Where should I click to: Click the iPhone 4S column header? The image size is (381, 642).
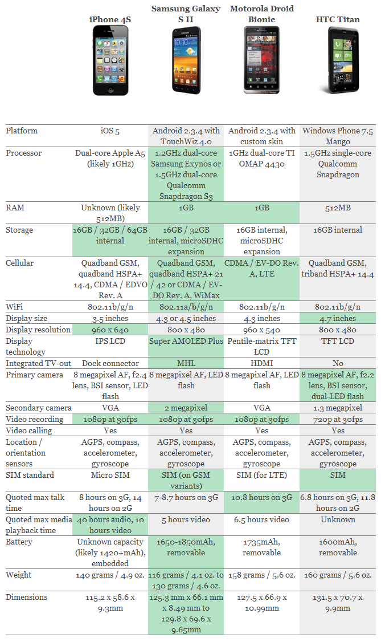coord(110,19)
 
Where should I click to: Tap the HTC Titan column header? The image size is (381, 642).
coord(338,19)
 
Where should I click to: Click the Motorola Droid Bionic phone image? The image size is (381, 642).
coord(261,60)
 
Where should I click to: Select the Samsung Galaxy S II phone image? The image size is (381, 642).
coord(186,60)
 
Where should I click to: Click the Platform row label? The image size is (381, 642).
coord(22,131)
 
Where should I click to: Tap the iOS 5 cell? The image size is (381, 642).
coord(110,131)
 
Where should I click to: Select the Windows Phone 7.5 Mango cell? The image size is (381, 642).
coord(338,136)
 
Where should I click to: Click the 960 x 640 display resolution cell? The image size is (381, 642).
coord(110,330)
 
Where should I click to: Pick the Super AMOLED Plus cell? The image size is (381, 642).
coord(186,341)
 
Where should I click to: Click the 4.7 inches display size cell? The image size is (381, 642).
coord(338,319)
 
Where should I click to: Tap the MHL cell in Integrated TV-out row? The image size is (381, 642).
coord(186,363)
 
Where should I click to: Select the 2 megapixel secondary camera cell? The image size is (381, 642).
coord(186,408)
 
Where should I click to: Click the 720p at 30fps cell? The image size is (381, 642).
coord(338,419)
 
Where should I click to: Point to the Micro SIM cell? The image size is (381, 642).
coord(110,475)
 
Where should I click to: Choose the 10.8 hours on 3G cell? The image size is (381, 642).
coord(262,497)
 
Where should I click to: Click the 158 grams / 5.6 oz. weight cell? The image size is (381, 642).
coord(262,575)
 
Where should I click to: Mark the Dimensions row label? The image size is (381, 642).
coord(27,597)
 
